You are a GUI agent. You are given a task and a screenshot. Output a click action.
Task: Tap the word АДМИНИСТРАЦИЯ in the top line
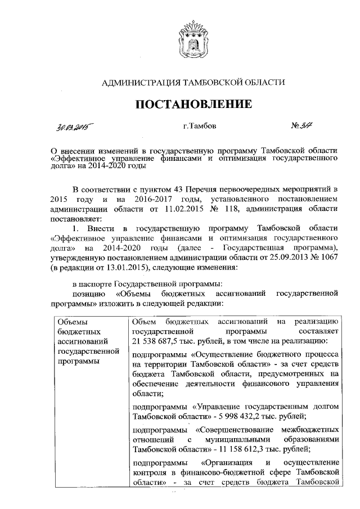coord(137,83)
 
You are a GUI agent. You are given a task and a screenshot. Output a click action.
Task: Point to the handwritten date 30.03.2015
coord(75,127)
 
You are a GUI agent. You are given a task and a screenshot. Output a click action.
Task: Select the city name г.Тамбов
coord(199,126)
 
